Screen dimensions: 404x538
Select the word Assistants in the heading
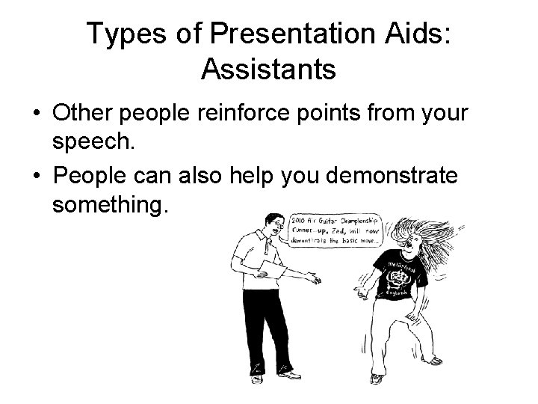point(268,70)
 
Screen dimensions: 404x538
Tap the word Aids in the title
point(410,34)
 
